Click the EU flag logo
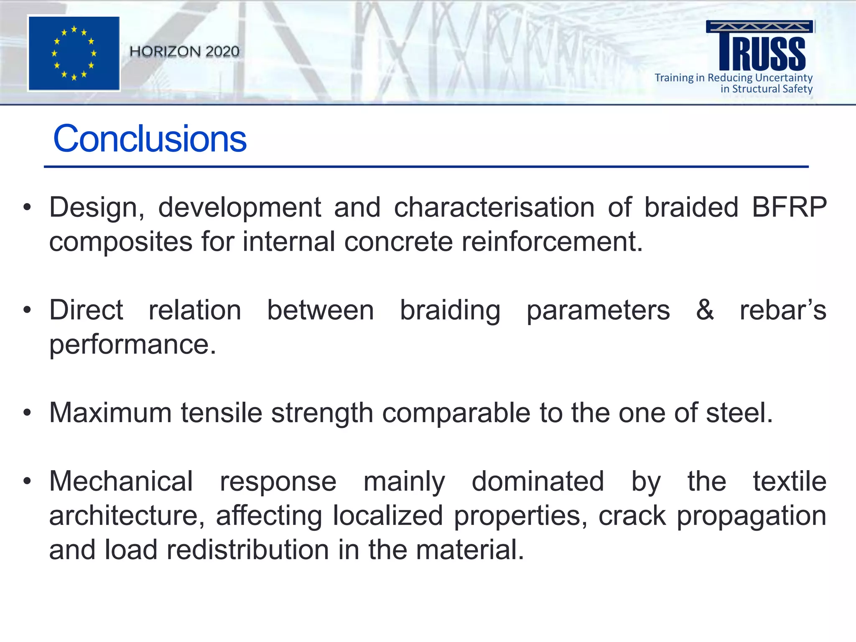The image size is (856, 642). coord(74,53)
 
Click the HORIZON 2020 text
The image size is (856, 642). coord(184,51)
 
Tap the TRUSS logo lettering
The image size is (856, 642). coord(762,52)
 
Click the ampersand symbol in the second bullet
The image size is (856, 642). coord(705,310)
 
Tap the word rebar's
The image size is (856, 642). coord(783,310)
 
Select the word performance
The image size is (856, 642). coord(132,344)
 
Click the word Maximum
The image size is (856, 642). coord(110,413)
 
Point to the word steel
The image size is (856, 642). coord(739,413)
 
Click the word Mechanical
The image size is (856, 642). coord(121,481)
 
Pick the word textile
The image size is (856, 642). coord(790,481)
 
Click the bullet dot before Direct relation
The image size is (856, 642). coord(27,310)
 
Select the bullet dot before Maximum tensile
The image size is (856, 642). coord(27,413)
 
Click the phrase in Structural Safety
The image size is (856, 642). coord(766,89)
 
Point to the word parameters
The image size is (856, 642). coord(598,310)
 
